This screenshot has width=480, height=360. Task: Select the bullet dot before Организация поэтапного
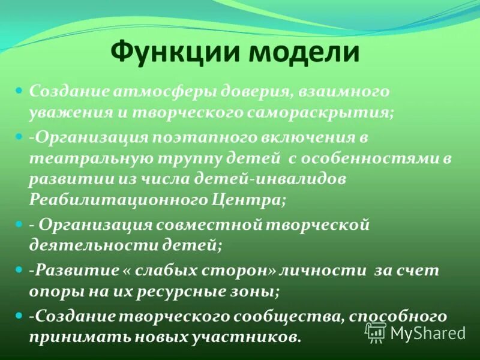[x=18, y=137]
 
